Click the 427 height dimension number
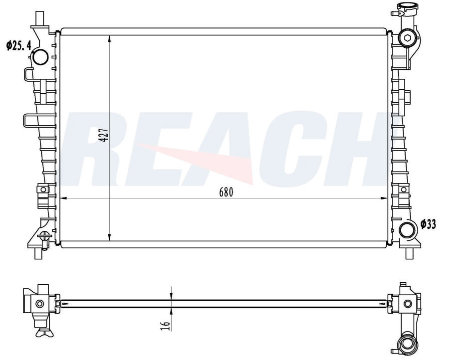(103, 135)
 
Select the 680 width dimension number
(226, 192)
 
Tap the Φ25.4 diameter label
(19, 45)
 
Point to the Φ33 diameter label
(429, 224)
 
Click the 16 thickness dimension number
(165, 326)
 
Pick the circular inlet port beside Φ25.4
(40, 57)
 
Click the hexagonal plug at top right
(407, 37)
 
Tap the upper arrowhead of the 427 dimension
(110, 39)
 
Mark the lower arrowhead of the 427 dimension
(110, 237)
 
